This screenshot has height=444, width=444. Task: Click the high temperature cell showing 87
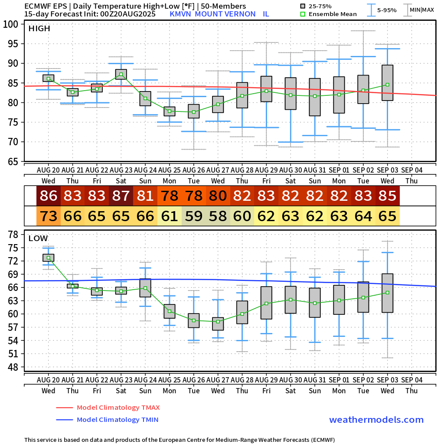121,196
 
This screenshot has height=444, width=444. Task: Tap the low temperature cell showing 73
49,216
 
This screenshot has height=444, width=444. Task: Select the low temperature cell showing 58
218,216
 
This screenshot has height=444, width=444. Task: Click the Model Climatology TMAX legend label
118,408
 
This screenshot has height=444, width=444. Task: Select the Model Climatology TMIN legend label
117,420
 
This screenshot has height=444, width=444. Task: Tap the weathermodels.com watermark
376,420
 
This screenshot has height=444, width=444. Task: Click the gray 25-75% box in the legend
303,6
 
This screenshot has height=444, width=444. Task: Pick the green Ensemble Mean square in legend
303,14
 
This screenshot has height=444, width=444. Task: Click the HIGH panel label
39,29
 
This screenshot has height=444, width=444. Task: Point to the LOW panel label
38,238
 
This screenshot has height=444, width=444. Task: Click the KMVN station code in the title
181,14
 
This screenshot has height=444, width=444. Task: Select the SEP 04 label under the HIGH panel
411,169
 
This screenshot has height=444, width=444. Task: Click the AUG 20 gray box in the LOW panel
49,258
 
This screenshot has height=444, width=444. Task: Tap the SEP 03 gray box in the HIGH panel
388,83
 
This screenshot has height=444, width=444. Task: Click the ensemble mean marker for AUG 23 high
121,75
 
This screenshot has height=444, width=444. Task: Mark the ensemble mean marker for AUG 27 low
218,321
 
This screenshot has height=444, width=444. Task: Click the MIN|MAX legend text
422,10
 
